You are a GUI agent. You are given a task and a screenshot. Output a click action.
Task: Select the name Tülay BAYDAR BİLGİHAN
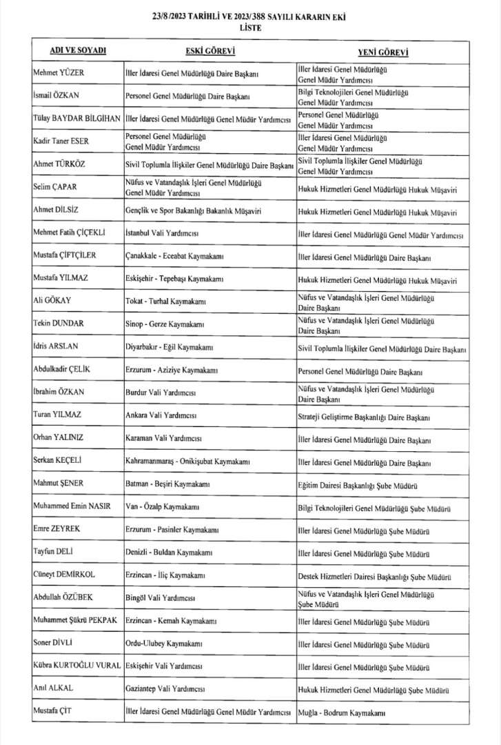point(77,118)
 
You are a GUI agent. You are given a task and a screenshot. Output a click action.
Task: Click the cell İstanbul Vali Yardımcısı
point(163,233)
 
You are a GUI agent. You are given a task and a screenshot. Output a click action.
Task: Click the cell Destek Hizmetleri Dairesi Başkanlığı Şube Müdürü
point(374,575)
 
